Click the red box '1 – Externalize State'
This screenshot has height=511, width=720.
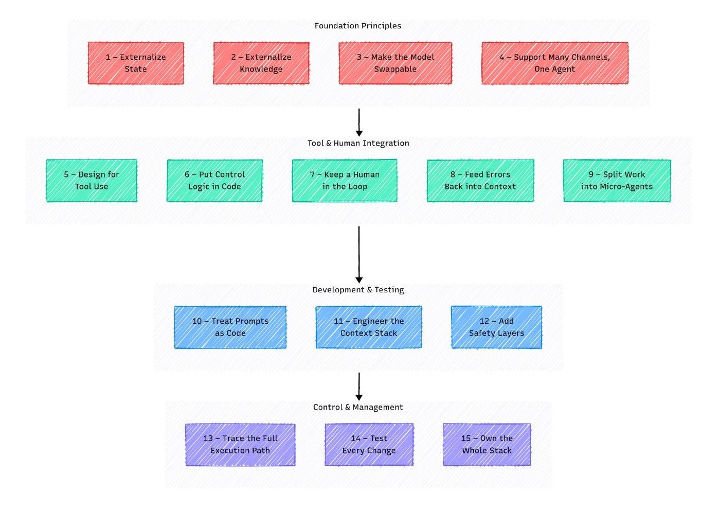(x=136, y=63)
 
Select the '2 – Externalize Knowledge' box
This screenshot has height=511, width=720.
(x=261, y=63)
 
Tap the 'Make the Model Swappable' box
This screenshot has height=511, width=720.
(x=395, y=63)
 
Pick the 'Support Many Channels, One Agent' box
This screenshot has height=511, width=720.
(x=555, y=63)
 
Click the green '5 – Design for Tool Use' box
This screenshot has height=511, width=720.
(x=92, y=181)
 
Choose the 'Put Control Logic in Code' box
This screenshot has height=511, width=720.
(x=215, y=181)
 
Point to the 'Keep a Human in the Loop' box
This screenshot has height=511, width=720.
(x=345, y=181)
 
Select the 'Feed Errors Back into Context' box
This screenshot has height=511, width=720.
(x=480, y=181)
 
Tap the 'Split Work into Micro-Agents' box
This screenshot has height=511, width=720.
(x=617, y=181)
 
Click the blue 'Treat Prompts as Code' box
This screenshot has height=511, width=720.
(x=230, y=327)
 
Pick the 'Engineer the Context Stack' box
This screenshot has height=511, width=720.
(x=369, y=327)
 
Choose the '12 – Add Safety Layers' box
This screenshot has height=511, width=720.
(x=497, y=327)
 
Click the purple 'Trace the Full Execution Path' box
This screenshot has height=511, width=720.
(x=241, y=445)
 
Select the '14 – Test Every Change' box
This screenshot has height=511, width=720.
(x=369, y=445)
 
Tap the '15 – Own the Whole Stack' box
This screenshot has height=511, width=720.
(x=487, y=445)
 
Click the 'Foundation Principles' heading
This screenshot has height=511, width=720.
(x=358, y=26)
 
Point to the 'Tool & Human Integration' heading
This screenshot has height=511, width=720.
(x=358, y=143)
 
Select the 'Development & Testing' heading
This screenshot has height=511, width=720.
(x=358, y=290)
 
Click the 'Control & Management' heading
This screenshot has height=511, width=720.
(x=358, y=407)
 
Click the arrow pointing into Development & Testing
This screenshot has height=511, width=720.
(x=359, y=255)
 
